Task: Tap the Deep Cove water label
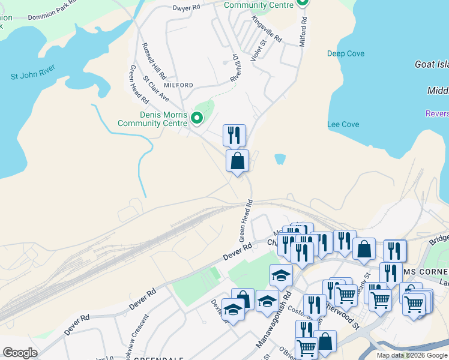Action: click(x=346, y=54)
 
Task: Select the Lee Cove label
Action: click(x=343, y=124)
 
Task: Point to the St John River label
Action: click(x=33, y=76)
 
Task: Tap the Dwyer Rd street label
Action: click(x=186, y=8)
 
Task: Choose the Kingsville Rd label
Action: click(x=267, y=28)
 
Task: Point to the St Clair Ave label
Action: click(x=156, y=88)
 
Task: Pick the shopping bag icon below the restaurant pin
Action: click(x=237, y=161)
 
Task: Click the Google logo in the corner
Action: click(x=20, y=353)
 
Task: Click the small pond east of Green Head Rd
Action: click(x=280, y=159)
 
